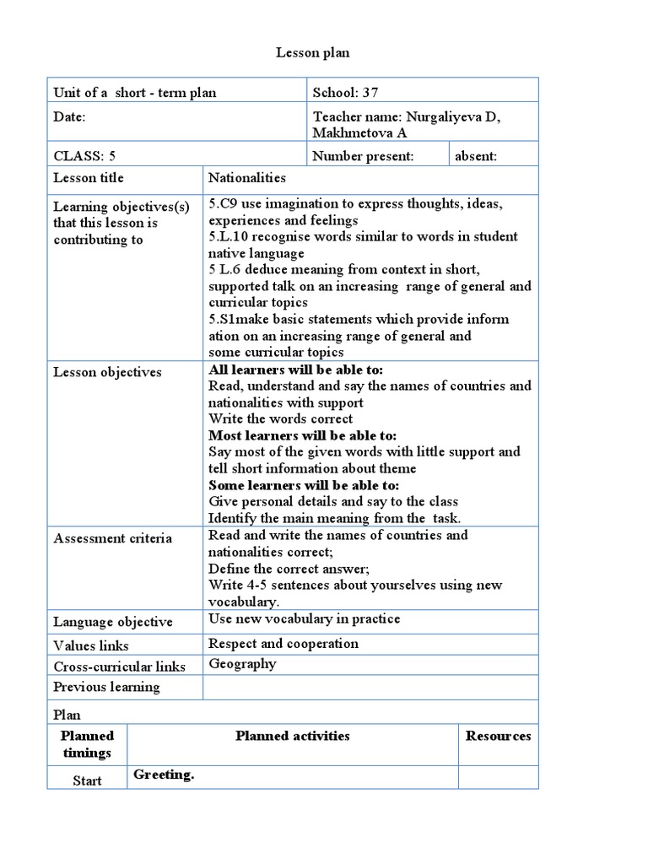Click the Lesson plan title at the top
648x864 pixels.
(x=313, y=53)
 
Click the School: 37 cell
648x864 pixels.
(x=345, y=93)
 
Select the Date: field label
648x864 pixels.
(x=69, y=117)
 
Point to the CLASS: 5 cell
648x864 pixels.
(x=84, y=155)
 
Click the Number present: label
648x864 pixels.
(x=363, y=155)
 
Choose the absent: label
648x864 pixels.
(x=476, y=155)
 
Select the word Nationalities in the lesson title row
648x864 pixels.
(x=247, y=178)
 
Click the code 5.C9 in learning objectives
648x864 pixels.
(x=224, y=205)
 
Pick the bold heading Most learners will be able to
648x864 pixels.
(x=302, y=435)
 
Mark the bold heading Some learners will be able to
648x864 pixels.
(x=304, y=485)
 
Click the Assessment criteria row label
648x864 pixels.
(x=112, y=538)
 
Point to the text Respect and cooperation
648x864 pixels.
(x=283, y=644)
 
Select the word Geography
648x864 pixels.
(x=242, y=663)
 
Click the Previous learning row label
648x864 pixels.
(x=106, y=687)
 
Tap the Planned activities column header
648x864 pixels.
(x=292, y=736)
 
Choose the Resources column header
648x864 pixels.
(x=498, y=736)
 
